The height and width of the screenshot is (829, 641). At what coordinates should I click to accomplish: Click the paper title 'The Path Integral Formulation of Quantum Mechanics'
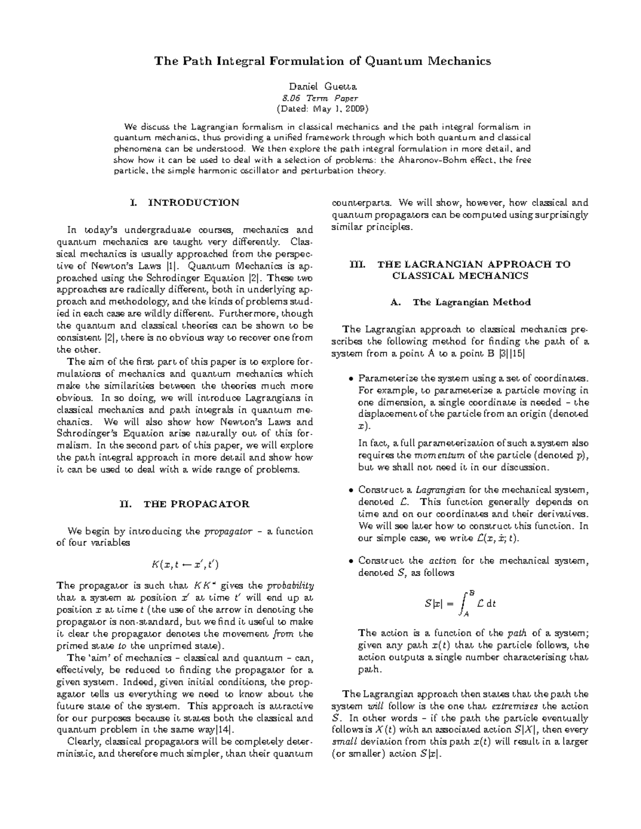click(x=322, y=61)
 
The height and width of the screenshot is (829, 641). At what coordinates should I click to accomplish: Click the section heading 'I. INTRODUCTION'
click(x=185, y=203)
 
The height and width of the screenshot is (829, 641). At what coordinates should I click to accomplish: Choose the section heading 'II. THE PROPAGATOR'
click(x=185, y=504)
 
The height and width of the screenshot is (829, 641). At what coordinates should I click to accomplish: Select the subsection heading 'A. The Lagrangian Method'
click(x=460, y=302)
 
